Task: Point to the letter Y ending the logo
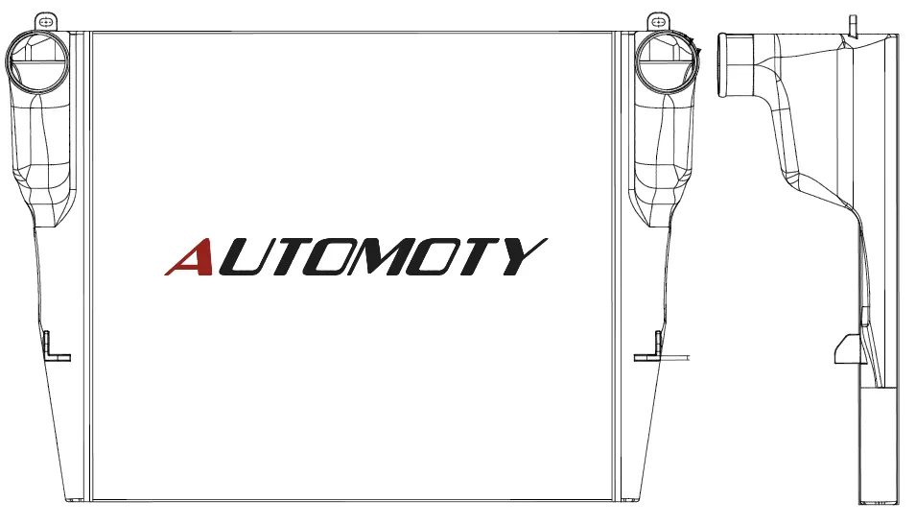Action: pyautogui.click(x=525, y=256)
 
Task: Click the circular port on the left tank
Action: pyautogui.click(x=37, y=61)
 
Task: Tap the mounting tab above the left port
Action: pyautogui.click(x=46, y=22)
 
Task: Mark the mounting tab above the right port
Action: pyautogui.click(x=659, y=22)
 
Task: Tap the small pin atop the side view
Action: pyautogui.click(x=853, y=25)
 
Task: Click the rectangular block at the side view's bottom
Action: pyautogui.click(x=879, y=446)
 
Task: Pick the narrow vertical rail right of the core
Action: pyautogui.click(x=617, y=267)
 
